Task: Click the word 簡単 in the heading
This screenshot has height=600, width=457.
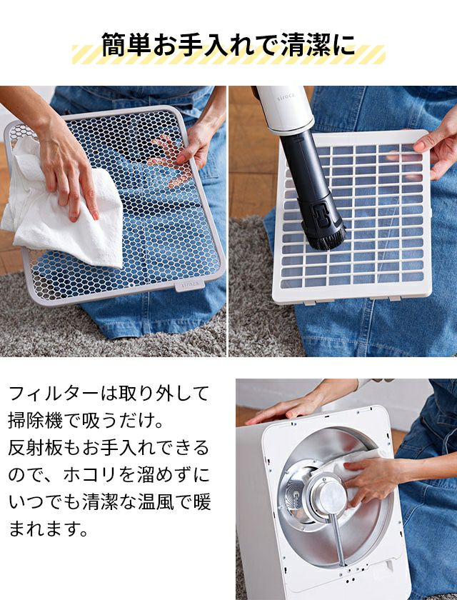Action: click(127, 45)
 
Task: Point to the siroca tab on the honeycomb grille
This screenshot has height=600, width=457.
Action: click(190, 285)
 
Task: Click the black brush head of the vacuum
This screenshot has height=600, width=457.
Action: click(326, 238)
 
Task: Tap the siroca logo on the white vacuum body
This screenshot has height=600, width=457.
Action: click(286, 97)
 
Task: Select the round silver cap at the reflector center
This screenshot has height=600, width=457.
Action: click(330, 496)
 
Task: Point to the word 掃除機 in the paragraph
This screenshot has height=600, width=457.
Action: click(35, 421)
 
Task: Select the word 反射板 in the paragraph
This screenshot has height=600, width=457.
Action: click(35, 448)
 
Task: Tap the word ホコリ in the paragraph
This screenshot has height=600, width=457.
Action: click(90, 475)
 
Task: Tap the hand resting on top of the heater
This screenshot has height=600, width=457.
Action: click(291, 411)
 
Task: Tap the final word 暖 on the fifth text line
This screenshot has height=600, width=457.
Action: click(202, 502)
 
